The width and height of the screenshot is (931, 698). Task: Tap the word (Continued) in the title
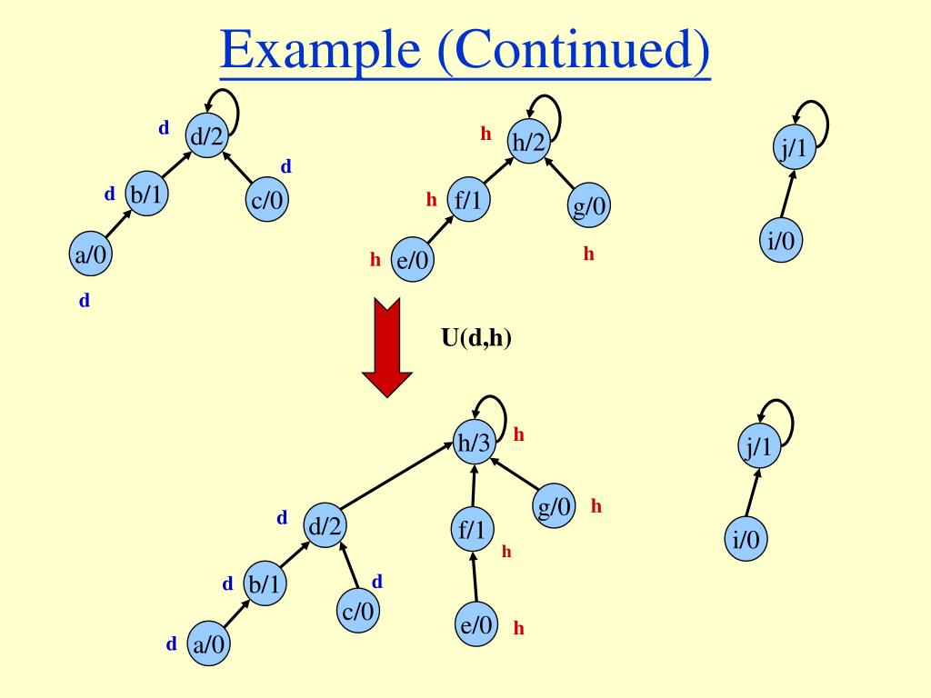[572, 53]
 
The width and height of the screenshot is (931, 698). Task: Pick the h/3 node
[474, 444]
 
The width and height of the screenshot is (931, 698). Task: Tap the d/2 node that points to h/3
[326, 526]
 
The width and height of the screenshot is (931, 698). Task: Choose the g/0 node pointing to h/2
[589, 208]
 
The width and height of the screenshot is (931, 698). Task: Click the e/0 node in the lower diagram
[476, 626]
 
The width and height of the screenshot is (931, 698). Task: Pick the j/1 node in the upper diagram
[794, 148]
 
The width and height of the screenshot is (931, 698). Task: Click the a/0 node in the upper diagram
[89, 255]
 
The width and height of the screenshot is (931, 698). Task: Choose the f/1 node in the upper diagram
[467, 200]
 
